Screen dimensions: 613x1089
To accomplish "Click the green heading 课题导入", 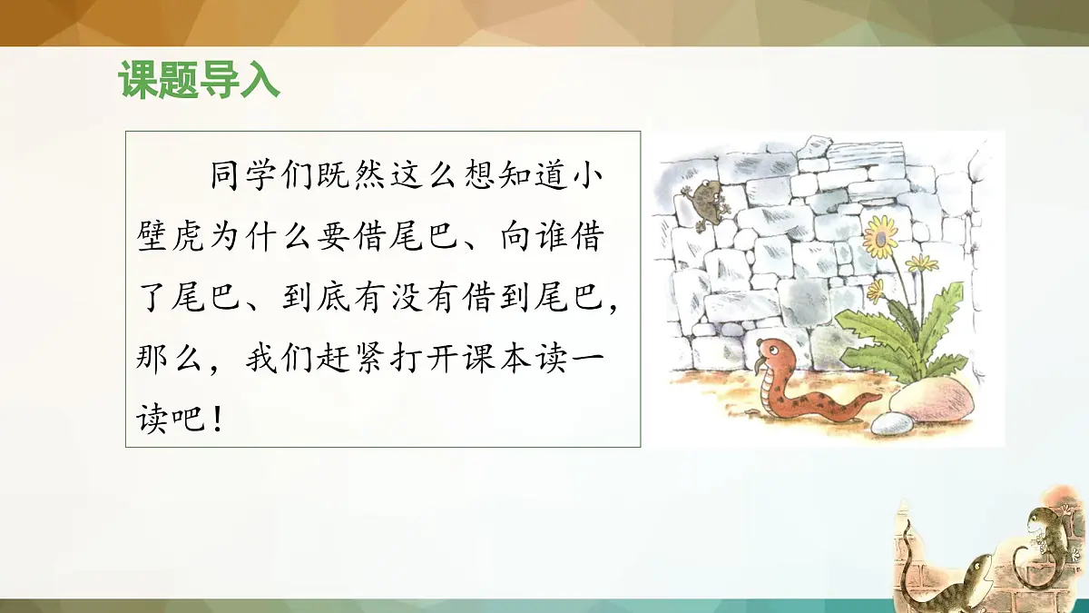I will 199,81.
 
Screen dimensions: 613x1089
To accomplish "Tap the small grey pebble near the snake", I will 893,423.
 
